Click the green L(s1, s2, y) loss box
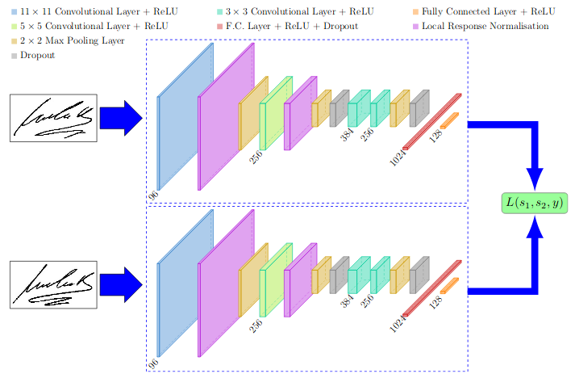pyautogui.click(x=535, y=203)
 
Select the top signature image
pyautogui.click(x=53, y=118)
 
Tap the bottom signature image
pyautogui.click(x=53, y=284)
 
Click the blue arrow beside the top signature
pyautogui.click(x=121, y=118)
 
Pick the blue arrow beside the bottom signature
pyautogui.click(x=121, y=284)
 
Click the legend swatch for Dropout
pyautogui.click(x=14, y=56)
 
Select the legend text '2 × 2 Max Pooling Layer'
pyautogui.click(x=73, y=40)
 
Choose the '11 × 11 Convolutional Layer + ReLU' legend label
pyautogui.click(x=99, y=12)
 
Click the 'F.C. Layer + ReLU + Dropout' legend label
pyautogui.click(x=292, y=26)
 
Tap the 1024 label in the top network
pyautogui.click(x=398, y=157)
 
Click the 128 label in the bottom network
pyautogui.click(x=435, y=302)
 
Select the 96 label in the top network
pyautogui.click(x=153, y=195)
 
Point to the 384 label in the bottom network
pyautogui.click(x=347, y=300)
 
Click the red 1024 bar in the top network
pyautogui.click(x=432, y=122)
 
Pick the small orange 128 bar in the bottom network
pyautogui.click(x=449, y=285)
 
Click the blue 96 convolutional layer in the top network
pyautogui.click(x=185, y=117)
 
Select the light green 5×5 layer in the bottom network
pyautogui.click(x=276, y=280)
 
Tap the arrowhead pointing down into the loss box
pyautogui.click(x=535, y=179)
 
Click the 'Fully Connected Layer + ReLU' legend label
pyautogui.click(x=488, y=12)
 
